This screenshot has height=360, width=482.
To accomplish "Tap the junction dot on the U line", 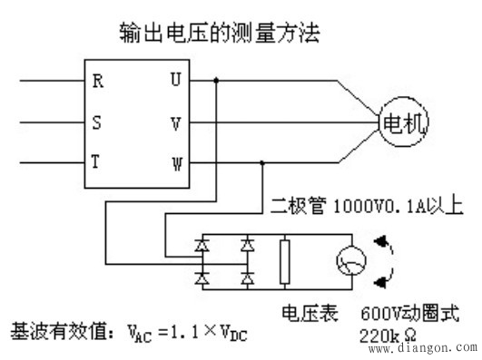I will (x=215, y=80).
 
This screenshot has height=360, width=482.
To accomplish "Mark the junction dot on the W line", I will (x=263, y=162).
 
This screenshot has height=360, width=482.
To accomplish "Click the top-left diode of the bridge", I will (x=202, y=244).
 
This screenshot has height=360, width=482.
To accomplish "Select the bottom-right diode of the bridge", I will (x=244, y=280).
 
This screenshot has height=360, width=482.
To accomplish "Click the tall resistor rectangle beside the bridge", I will (x=285, y=263).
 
